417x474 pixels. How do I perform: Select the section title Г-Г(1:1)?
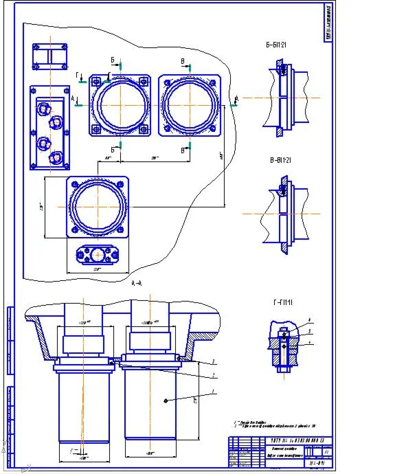(x=279, y=302)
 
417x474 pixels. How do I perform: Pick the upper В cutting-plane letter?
(x=182, y=60)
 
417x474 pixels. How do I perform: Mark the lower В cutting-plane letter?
(x=183, y=149)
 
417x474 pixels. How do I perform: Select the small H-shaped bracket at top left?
(x=50, y=55)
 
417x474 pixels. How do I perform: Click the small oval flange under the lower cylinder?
(x=98, y=254)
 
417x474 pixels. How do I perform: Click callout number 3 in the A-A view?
(x=214, y=361)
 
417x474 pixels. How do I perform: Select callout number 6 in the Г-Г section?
(x=310, y=330)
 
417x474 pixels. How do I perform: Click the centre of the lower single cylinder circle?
(x=98, y=205)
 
